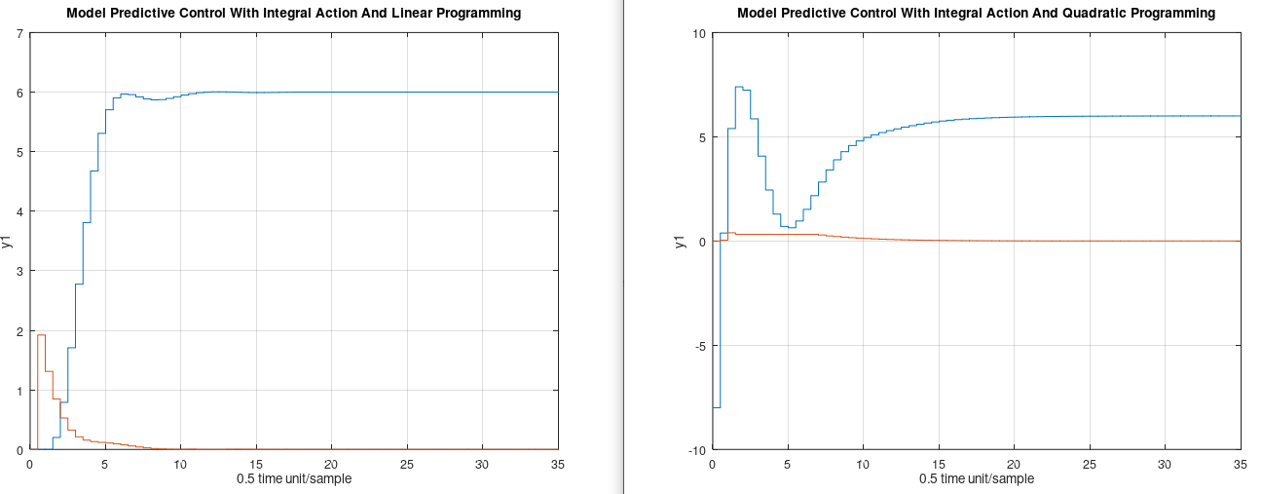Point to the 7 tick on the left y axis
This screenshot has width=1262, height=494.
(x=20, y=33)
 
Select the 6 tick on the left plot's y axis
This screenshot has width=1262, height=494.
(x=20, y=93)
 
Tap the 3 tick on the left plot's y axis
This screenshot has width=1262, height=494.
(x=20, y=271)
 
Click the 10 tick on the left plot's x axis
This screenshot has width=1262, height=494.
(x=180, y=464)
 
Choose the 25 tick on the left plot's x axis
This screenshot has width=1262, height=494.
(x=406, y=464)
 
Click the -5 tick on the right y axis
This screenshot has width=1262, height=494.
(x=698, y=346)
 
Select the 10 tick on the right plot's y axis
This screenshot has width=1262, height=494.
(x=698, y=33)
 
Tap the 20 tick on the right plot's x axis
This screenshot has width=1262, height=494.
(x=1014, y=464)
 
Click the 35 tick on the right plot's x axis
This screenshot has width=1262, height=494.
(x=1240, y=464)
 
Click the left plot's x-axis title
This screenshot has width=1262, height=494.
(x=294, y=479)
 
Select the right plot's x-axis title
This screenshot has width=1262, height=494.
(x=976, y=479)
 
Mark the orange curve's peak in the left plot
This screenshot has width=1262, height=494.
(x=41, y=335)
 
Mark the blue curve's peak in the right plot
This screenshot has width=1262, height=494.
(x=739, y=87)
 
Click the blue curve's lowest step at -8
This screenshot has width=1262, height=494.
(x=717, y=407)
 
